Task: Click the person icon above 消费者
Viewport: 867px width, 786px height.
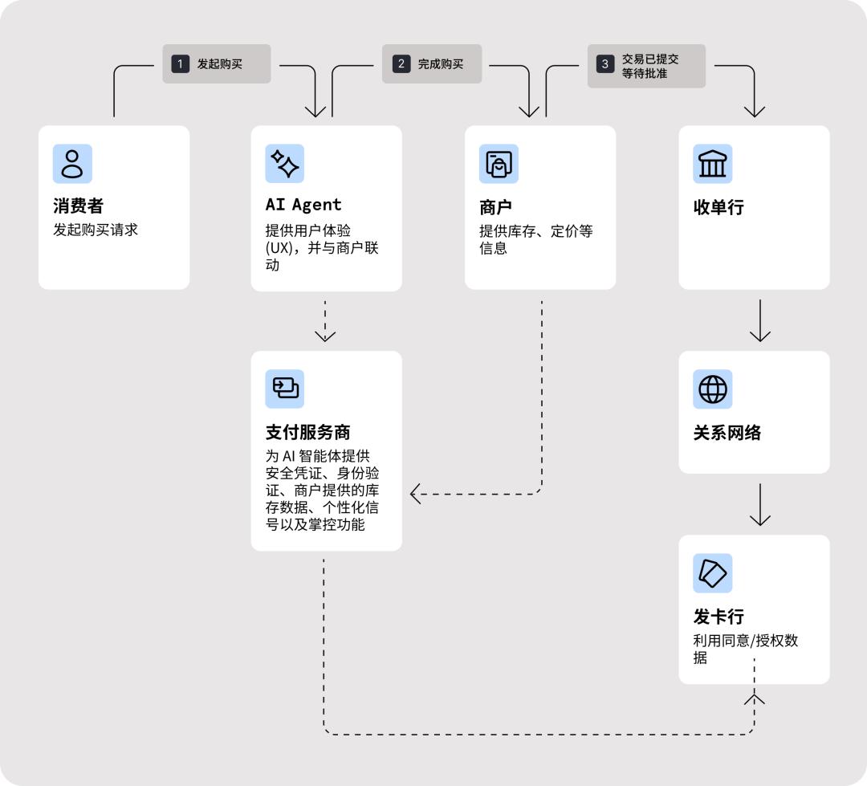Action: click(72, 164)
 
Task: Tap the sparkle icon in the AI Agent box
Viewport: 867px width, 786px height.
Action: click(285, 164)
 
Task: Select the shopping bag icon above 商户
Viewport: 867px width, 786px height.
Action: click(499, 164)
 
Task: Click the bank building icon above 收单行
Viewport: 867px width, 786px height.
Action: click(712, 164)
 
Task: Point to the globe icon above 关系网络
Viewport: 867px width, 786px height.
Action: click(712, 389)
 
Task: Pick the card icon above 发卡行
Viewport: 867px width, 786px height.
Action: click(712, 573)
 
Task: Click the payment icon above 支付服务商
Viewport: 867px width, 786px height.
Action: click(285, 389)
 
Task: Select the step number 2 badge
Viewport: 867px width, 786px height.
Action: click(401, 64)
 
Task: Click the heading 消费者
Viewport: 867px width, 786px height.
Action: click(79, 207)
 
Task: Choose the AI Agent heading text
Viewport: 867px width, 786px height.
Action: click(303, 205)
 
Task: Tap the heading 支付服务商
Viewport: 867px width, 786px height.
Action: click(307, 433)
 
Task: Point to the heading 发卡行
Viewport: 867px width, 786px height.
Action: click(718, 617)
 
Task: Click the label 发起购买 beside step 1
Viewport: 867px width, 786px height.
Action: click(220, 64)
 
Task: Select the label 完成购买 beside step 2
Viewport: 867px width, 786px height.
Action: click(440, 64)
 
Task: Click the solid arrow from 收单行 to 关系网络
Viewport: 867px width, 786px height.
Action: click(759, 321)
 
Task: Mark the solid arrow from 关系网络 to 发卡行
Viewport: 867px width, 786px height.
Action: click(759, 505)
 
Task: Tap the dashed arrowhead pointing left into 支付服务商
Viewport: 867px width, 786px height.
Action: click(416, 494)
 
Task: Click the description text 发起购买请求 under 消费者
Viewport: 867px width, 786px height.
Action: click(96, 230)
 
